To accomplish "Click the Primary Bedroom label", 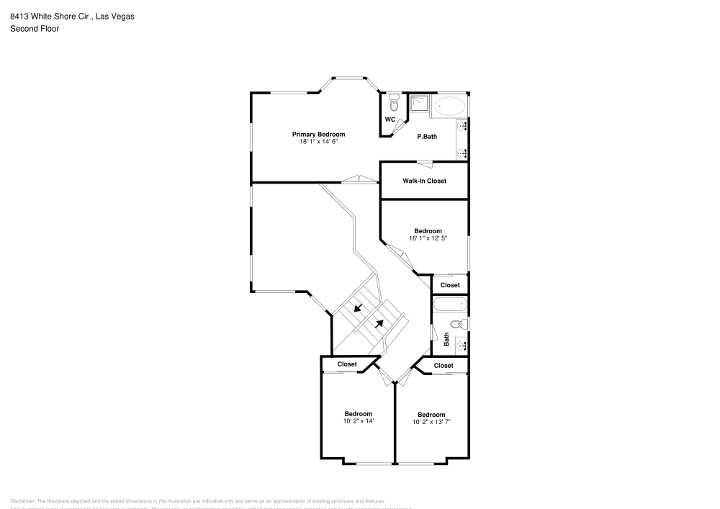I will [x=318, y=134].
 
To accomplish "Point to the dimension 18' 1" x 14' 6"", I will [x=318, y=142].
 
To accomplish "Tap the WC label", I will [x=390, y=120].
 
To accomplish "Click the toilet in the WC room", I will [x=394, y=102].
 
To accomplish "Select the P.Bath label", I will [x=427, y=137].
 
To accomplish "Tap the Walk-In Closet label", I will [x=424, y=181].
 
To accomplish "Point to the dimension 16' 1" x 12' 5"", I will [x=428, y=238].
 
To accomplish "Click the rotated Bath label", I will [x=447, y=338].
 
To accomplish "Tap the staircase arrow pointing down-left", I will [x=358, y=309].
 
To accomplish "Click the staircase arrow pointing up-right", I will [x=379, y=323].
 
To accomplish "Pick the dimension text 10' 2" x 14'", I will [x=358, y=421].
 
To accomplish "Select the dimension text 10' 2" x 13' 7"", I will [x=431, y=422].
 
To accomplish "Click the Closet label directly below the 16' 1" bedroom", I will [x=450, y=285].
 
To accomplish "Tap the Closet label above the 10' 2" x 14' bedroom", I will [x=347, y=364].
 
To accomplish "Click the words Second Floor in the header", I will [x=35, y=29].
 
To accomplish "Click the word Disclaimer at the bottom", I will [x=22, y=500].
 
